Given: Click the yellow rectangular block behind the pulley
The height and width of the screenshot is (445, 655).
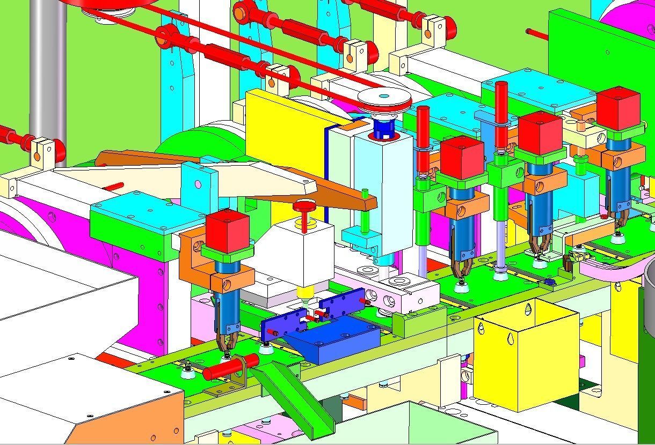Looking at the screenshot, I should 285,134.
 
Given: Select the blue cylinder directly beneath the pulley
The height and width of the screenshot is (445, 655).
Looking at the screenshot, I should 383,128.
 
